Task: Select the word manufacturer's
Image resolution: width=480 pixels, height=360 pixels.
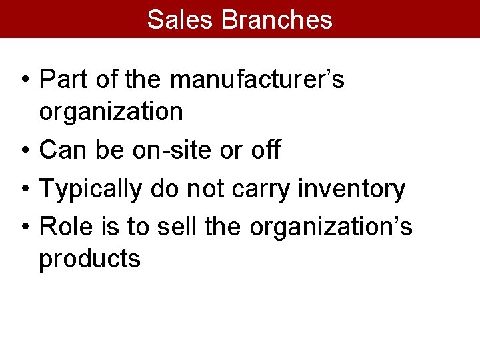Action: [257, 79]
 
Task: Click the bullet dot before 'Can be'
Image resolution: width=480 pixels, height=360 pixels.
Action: [23, 151]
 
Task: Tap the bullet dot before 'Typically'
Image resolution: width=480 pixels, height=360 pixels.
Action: [23, 190]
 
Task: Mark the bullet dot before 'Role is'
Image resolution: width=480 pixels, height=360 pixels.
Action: [23, 228]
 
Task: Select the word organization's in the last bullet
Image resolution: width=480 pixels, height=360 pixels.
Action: [331, 227]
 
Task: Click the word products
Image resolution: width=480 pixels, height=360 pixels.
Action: [89, 259]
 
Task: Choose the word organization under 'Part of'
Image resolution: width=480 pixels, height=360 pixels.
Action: [111, 111]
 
